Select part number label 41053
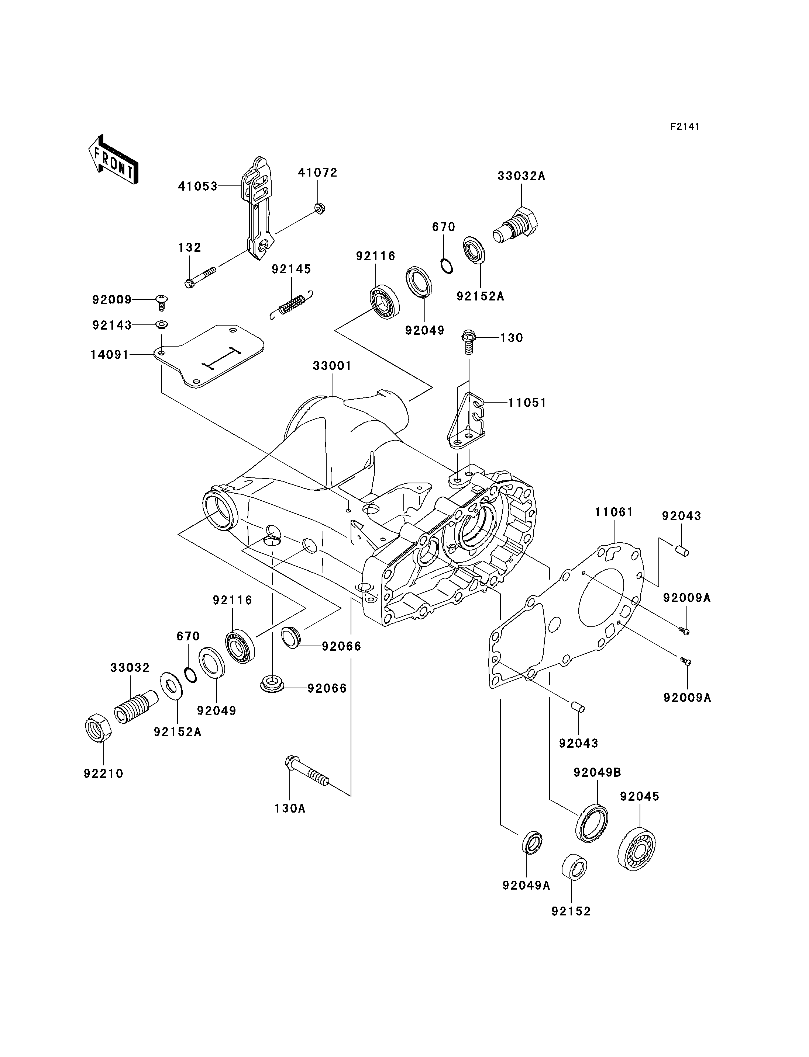click(x=197, y=186)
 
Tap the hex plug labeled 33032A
click(x=517, y=225)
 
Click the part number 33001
click(x=332, y=366)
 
